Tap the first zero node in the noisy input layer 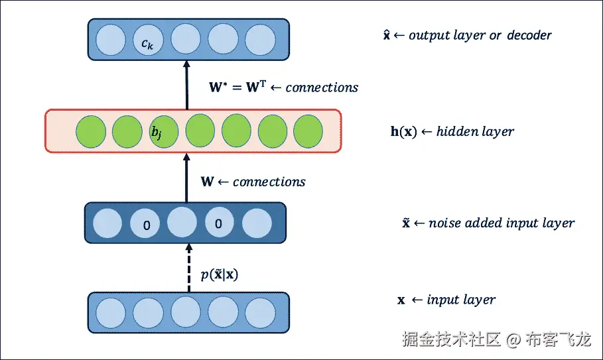[x=147, y=224]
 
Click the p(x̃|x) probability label [x=219, y=273]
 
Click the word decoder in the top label [x=529, y=35]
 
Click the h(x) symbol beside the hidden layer [x=403, y=131]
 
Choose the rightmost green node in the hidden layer [x=307, y=131]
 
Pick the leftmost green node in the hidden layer [x=91, y=131]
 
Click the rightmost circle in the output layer [x=259, y=39]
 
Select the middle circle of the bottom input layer [x=186, y=312]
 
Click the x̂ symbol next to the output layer [x=387, y=35]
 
